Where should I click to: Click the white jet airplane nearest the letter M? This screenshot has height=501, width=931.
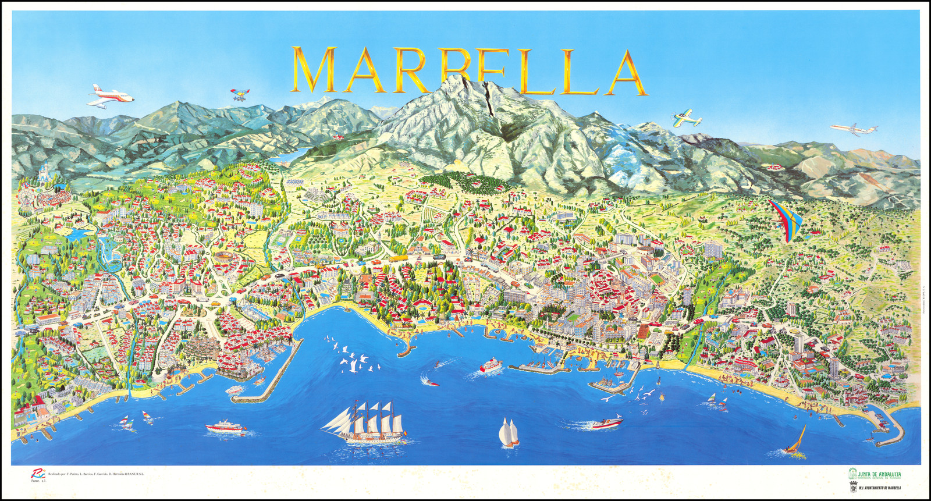[x=109, y=96]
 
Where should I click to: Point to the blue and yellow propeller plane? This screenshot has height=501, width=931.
[x=686, y=118]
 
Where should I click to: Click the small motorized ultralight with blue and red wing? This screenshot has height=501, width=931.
[x=240, y=94]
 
